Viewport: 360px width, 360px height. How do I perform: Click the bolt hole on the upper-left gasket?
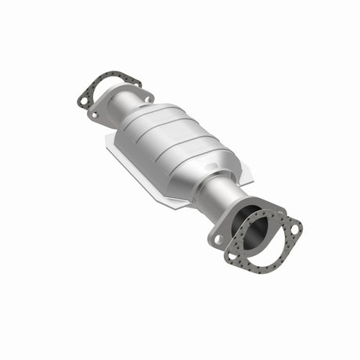(x=82, y=99)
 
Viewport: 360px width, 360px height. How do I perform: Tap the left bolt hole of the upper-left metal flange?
(x=95, y=113)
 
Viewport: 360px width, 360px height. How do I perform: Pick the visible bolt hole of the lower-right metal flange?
(x=219, y=239)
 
